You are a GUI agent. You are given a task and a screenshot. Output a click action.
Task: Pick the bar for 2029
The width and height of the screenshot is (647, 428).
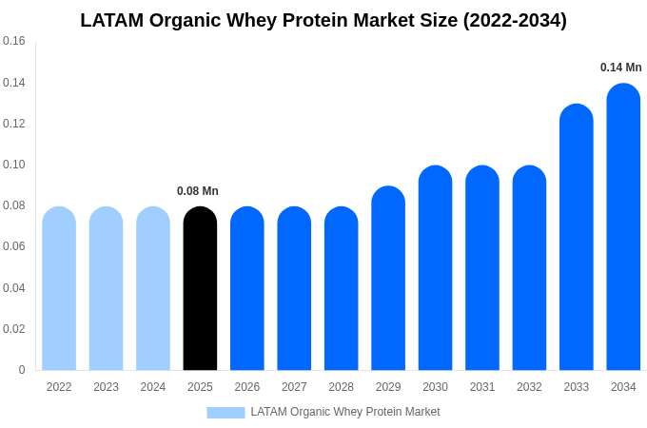click(x=388, y=278)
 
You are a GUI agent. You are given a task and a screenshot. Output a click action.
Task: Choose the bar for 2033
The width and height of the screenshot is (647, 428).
click(x=576, y=237)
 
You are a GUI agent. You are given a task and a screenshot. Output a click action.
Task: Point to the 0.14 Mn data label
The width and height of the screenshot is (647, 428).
click(x=620, y=68)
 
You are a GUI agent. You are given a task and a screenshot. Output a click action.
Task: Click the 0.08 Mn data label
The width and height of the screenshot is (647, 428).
click(x=198, y=191)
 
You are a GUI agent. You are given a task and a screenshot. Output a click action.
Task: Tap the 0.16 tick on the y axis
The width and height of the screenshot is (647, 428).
click(x=14, y=41)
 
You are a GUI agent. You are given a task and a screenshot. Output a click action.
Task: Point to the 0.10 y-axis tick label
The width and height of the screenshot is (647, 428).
click(x=14, y=165)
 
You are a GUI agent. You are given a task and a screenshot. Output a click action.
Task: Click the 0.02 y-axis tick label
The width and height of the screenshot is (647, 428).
click(x=14, y=329)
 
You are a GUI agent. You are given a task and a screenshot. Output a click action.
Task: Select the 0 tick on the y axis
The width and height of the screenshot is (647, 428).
click(x=22, y=370)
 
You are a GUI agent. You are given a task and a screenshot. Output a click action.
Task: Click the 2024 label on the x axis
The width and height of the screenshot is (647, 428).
click(x=153, y=387)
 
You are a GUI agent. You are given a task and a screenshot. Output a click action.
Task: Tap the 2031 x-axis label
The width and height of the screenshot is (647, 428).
click(x=482, y=387)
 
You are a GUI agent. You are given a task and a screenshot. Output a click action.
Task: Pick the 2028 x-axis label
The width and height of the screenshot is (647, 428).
click(x=341, y=387)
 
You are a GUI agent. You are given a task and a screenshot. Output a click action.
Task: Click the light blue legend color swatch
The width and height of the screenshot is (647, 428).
click(x=225, y=413)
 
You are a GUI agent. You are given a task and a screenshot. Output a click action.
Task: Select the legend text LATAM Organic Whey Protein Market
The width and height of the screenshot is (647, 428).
click(x=344, y=412)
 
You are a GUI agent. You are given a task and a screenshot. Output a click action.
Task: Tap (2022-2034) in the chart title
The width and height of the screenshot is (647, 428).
click(x=515, y=20)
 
